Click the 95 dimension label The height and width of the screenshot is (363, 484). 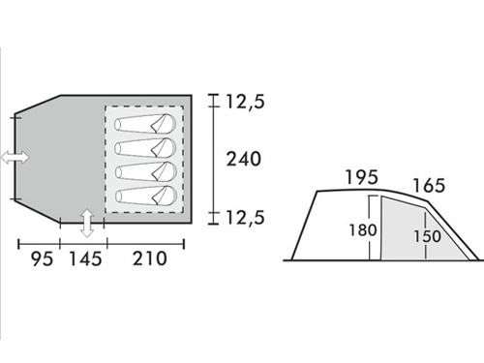[43, 258]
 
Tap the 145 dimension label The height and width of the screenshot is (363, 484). [85, 258]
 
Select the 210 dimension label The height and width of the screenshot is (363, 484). [150, 258]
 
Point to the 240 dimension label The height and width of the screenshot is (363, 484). [243, 159]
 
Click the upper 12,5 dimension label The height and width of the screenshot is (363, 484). [245, 102]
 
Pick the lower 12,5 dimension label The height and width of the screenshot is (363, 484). [245, 217]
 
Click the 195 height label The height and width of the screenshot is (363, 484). [361, 177]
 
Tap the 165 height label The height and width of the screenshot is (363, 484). [429, 186]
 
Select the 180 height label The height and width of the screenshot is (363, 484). [363, 230]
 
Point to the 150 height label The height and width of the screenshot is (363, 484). [427, 236]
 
